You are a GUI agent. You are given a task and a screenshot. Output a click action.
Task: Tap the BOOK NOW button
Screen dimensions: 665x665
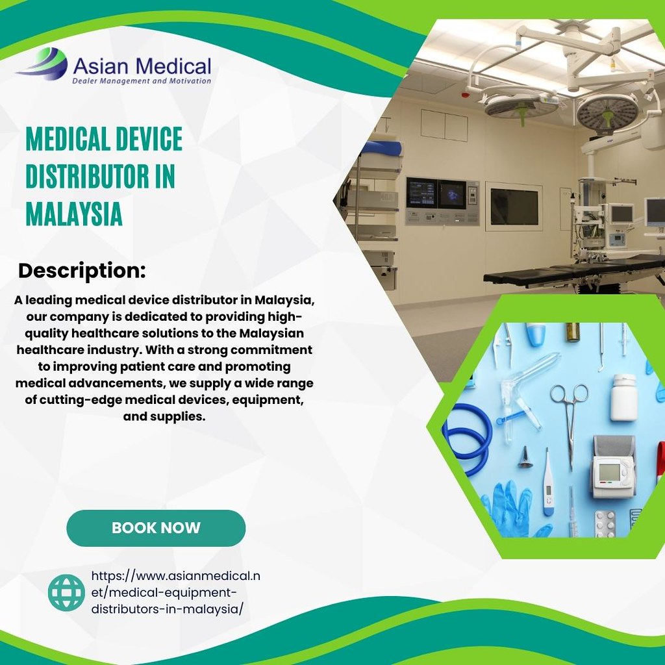pyautogui.click(x=156, y=528)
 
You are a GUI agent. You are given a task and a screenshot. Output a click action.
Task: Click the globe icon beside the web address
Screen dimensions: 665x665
pyautogui.click(x=66, y=592)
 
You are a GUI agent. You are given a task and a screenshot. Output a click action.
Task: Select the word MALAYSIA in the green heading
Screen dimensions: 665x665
pyautogui.click(x=74, y=214)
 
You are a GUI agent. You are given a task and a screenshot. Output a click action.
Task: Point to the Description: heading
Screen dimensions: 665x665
pyautogui.click(x=82, y=270)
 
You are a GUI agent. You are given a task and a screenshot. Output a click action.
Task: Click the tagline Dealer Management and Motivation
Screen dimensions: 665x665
pyautogui.click(x=142, y=81)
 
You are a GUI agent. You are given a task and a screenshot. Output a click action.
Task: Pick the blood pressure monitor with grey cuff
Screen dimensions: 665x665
pyautogui.click(x=613, y=466)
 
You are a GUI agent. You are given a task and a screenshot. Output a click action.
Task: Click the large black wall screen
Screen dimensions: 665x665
pyautogui.click(x=514, y=207)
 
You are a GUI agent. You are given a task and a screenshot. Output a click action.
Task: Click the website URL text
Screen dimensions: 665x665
pyautogui.click(x=175, y=592)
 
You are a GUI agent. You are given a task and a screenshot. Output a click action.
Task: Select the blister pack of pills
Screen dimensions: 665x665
pyautogui.click(x=605, y=523)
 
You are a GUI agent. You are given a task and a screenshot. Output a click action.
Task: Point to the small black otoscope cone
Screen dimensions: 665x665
pyautogui.click(x=525, y=459)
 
